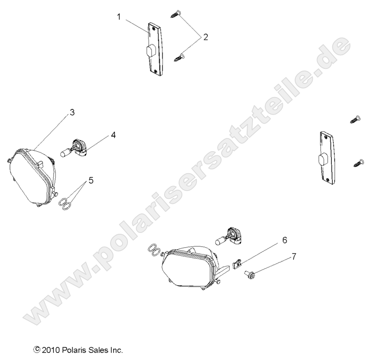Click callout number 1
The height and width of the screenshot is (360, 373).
119,17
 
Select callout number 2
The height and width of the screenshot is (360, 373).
205,37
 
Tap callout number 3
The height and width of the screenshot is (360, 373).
72,112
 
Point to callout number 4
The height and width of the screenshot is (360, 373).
113,135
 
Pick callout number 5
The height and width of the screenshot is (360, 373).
91,181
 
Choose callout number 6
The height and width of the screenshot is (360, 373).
285,240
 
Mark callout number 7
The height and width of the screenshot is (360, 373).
294,257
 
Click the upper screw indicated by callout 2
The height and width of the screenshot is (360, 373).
176,14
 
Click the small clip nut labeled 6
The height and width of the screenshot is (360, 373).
237,264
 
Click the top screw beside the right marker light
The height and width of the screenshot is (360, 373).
356,120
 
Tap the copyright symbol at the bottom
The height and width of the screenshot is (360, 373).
37,350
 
